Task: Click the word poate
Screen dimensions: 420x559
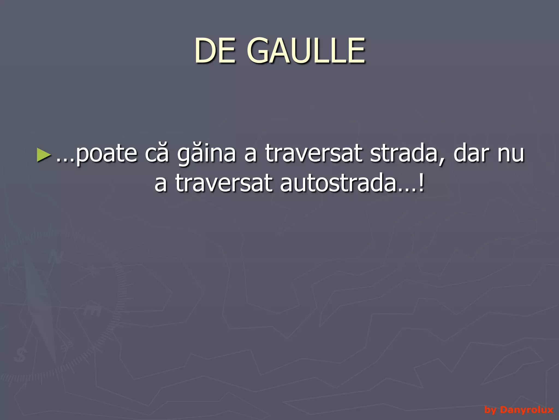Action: [x=106, y=154]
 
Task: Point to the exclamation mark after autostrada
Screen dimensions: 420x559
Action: [x=422, y=183]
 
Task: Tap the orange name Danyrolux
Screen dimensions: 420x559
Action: [x=527, y=409]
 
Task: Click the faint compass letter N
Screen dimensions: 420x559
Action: [x=56, y=257]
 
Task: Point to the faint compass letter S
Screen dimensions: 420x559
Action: [x=20, y=355]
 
